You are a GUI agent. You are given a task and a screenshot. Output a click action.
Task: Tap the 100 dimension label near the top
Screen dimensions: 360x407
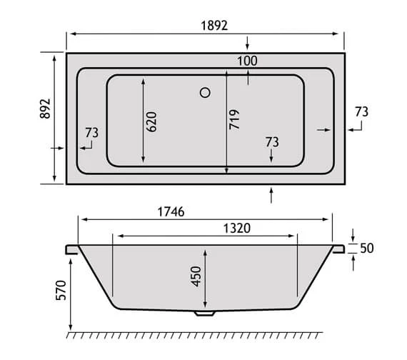tap(247, 61)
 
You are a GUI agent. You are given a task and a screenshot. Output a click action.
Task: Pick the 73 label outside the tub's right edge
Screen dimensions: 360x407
tap(361, 111)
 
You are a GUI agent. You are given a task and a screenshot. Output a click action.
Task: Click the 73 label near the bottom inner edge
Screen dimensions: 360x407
tap(271, 141)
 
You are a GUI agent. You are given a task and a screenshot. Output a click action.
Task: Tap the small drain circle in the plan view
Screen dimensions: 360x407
tap(206, 92)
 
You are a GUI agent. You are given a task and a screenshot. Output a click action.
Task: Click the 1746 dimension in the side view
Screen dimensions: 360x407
tap(169, 211)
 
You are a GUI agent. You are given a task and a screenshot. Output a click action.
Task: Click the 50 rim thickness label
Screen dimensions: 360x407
tap(368, 249)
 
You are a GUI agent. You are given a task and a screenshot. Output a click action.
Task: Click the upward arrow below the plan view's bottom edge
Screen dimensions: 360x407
tap(272, 193)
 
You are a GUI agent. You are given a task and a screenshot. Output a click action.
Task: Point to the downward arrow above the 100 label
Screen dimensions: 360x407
tap(247, 41)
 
